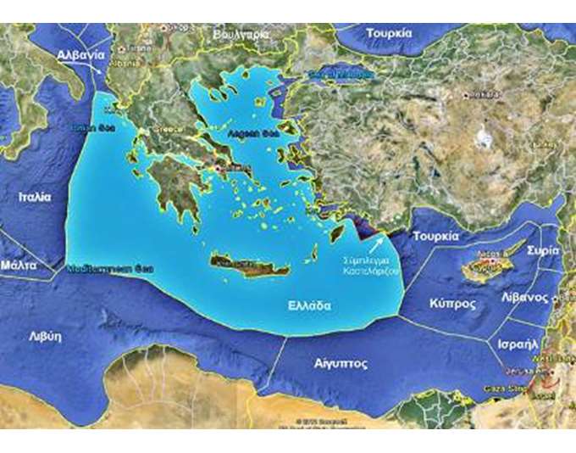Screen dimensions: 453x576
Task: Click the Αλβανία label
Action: pos(81,54)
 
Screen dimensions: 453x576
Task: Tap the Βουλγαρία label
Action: pos(241,34)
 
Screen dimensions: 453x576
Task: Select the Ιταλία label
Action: pos(35,196)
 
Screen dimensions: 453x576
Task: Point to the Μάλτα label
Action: pos(19,265)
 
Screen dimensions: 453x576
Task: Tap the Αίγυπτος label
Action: pos(340,363)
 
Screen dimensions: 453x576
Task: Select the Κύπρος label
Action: pos(451,303)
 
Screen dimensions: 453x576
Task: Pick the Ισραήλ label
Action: pos(518,345)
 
